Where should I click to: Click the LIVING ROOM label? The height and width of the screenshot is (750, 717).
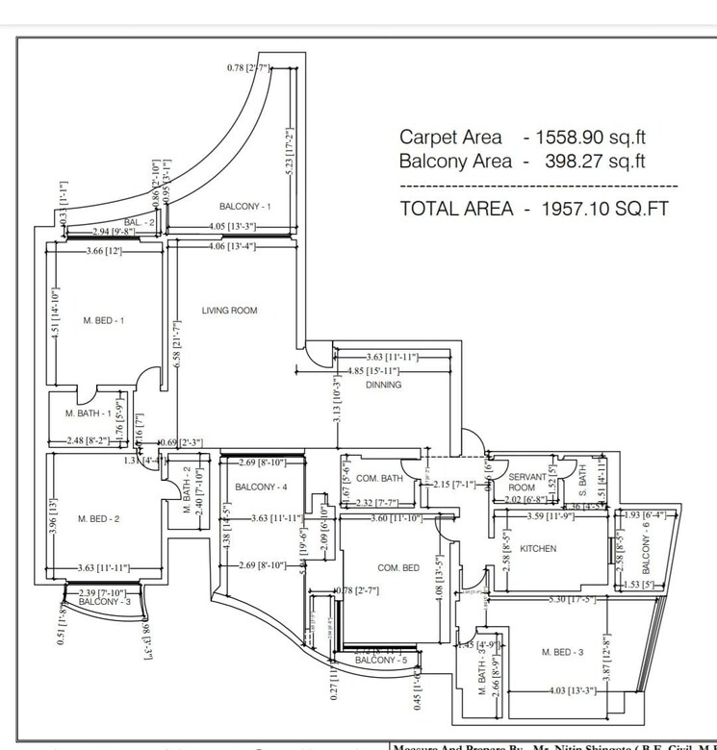tap(229, 311)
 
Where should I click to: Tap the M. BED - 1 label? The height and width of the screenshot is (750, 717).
tap(103, 321)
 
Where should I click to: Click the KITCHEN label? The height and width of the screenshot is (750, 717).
tap(539, 549)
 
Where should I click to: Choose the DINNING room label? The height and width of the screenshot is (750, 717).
tap(383, 385)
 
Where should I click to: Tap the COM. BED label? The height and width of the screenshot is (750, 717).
tap(398, 568)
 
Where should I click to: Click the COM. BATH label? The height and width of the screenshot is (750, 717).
tap(379, 478)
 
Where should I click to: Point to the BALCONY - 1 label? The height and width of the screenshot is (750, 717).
tap(244, 207)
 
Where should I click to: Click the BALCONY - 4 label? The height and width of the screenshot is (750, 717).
tap(261, 487)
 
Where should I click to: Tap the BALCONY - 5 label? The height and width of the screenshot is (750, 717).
tap(381, 661)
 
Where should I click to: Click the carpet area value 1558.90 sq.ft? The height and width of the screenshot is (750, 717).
tap(587, 137)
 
